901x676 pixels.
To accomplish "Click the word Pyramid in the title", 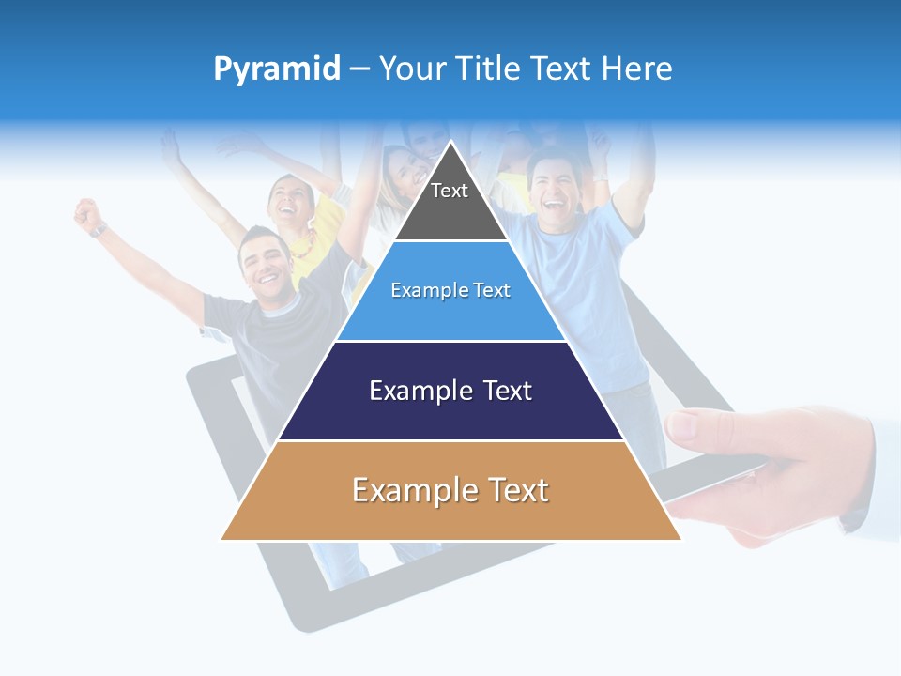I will click(x=276, y=69).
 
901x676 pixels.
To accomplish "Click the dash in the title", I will click(x=359, y=69).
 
